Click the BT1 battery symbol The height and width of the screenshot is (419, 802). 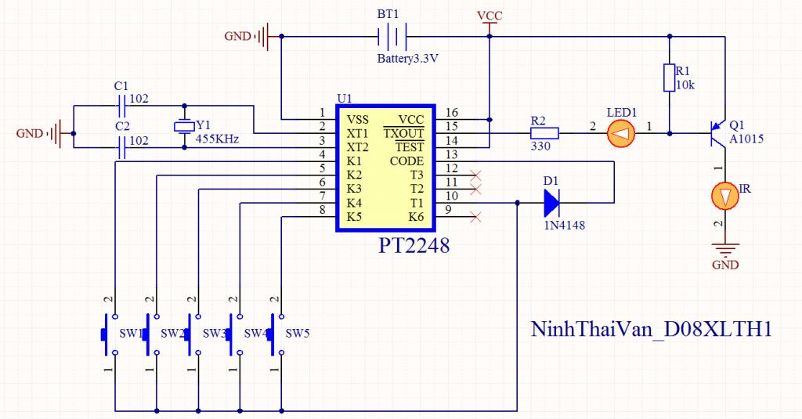click(392, 36)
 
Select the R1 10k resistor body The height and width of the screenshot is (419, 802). click(669, 78)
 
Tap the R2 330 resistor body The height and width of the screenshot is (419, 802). click(544, 133)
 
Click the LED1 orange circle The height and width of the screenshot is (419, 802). click(621, 134)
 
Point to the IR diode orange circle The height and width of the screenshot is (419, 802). click(725, 196)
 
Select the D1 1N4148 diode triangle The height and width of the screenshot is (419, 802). click(551, 203)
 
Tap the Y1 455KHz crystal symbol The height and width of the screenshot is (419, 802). click(184, 126)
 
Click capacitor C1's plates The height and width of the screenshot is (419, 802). click(121, 106)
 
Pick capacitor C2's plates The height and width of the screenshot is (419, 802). click(121, 147)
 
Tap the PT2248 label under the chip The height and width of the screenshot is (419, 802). click(414, 246)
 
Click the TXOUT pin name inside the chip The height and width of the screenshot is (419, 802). click(404, 133)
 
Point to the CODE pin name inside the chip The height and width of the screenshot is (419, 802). click(406, 161)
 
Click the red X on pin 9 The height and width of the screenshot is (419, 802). click(475, 218)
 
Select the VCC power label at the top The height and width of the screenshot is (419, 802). click(490, 16)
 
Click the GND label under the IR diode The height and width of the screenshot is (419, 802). click(725, 265)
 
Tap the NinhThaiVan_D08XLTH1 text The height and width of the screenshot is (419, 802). click(651, 329)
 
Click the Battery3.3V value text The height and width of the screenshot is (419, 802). click(407, 58)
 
